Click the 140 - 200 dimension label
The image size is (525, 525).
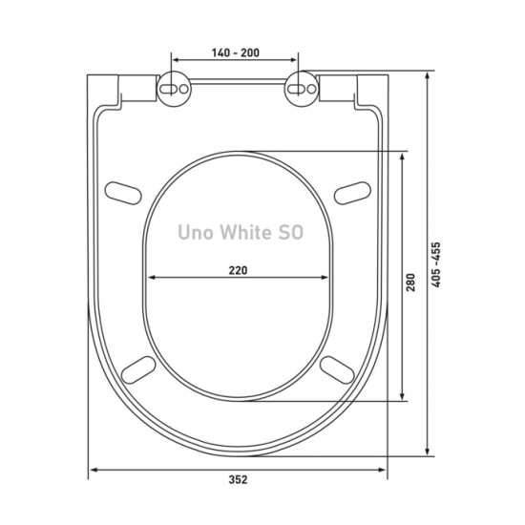click(x=236, y=52)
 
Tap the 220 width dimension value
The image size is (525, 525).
click(x=238, y=270)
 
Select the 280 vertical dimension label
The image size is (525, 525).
click(x=410, y=283)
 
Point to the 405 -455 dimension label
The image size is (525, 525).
click(x=436, y=264)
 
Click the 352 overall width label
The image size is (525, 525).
click(x=238, y=480)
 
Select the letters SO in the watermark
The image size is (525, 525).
click(x=291, y=232)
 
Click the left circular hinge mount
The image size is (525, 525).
click(x=174, y=89)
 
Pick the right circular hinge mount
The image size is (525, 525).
click(x=302, y=89)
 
